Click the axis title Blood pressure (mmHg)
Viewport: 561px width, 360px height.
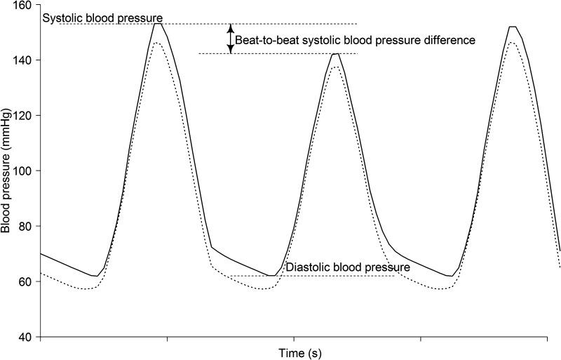6,171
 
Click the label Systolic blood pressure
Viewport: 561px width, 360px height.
103,18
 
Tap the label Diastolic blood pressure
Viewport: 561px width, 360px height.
348,267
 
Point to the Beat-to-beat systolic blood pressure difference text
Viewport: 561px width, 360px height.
355,41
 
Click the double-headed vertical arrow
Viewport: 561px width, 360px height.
229,38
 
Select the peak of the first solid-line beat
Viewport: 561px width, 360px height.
158,24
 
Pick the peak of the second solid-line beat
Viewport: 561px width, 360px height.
337,54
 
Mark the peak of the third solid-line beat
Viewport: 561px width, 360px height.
513,27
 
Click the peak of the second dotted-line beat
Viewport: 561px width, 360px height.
336,67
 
